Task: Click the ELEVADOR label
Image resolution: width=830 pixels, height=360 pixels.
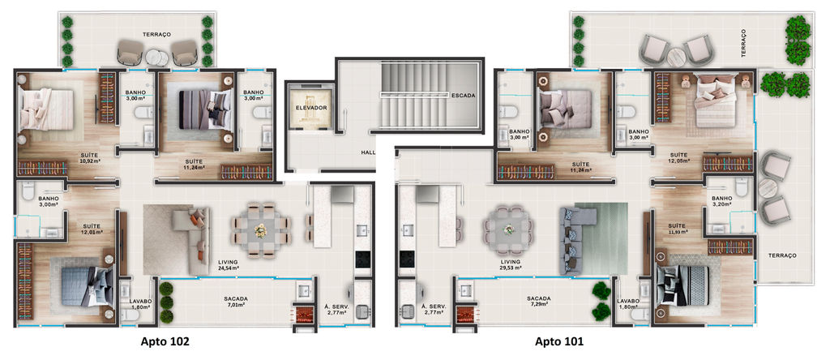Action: [310, 108]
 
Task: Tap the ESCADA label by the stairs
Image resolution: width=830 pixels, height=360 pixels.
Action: [463, 96]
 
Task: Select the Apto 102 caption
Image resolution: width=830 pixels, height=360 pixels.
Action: [165, 342]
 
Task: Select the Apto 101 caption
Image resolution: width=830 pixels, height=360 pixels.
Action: [559, 342]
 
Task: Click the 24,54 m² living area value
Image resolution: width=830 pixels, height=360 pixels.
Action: [228, 268]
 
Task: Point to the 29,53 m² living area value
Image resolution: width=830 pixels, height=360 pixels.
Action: [511, 268]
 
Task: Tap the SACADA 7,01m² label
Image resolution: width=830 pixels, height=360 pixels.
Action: [236, 302]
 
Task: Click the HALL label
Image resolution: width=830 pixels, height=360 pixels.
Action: [368, 152]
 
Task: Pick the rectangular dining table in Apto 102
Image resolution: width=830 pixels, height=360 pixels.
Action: [260, 230]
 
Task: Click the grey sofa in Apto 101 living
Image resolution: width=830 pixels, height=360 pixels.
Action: [576, 239]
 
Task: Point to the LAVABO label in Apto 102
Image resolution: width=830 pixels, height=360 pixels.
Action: [140, 301]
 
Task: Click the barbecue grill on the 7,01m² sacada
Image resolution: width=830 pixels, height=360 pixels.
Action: [303, 314]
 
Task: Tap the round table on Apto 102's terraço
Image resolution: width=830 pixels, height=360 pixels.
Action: [157, 57]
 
